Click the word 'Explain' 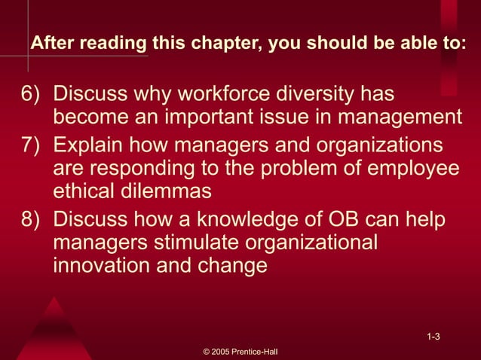(91, 144)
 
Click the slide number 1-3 (433, 336)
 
